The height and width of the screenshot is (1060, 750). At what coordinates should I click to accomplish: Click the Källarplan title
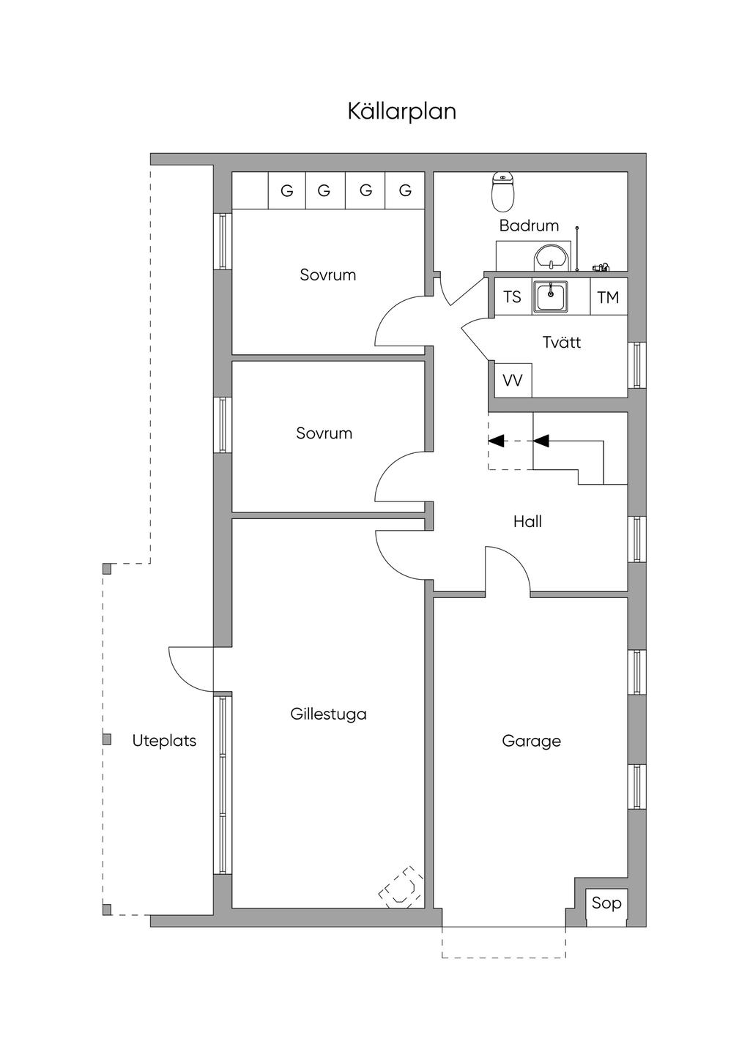[x=401, y=112]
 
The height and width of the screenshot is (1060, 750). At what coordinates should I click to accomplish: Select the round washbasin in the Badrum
[x=551, y=258]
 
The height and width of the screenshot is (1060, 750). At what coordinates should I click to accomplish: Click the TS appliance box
[x=513, y=296]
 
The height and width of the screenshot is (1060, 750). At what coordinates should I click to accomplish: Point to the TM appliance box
[x=608, y=296]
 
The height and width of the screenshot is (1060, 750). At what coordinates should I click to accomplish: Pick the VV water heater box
[x=513, y=381]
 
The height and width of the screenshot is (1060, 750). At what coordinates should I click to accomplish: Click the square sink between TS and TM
[x=551, y=296]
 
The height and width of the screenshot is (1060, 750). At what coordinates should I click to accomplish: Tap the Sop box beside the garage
[x=606, y=903]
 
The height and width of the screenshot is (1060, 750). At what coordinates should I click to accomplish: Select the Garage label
[x=531, y=741]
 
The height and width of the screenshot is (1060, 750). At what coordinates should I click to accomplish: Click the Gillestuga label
[x=328, y=714]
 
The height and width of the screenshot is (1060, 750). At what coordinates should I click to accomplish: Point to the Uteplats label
[x=164, y=741]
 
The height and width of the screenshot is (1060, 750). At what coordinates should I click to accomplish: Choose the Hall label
[x=527, y=522]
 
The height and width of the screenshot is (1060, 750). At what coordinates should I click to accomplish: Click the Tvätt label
[x=562, y=342]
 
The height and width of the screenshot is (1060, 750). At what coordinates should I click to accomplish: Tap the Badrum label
[x=529, y=225]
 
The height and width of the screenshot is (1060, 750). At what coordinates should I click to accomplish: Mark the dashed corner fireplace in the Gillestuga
[x=401, y=887]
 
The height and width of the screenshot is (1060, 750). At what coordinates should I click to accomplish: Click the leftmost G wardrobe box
[x=286, y=191]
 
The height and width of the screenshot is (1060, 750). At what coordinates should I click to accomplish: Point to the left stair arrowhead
[x=497, y=441]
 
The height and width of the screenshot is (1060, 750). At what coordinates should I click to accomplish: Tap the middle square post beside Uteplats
[x=107, y=739]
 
